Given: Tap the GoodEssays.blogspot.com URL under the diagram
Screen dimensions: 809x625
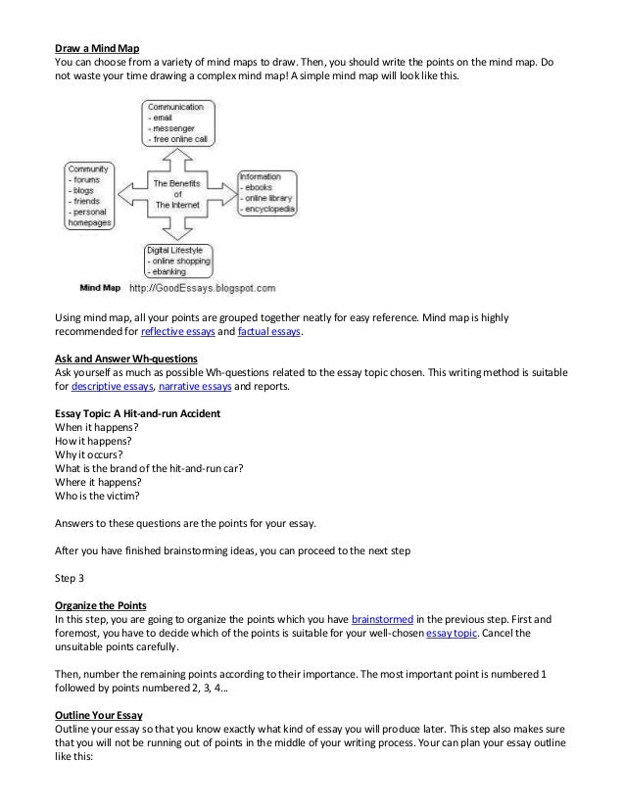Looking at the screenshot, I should pos(201,289).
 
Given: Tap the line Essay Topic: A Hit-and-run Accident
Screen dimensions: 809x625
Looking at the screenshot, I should pos(137,414).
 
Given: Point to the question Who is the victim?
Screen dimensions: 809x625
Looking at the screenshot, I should pos(100,496).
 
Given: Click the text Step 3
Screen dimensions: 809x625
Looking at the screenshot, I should pos(71,577).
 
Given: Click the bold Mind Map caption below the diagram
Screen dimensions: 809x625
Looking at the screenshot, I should pos(99,289).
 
